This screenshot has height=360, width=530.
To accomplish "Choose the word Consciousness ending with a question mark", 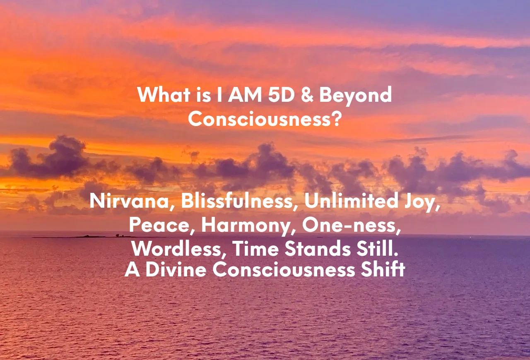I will [x=265, y=119].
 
